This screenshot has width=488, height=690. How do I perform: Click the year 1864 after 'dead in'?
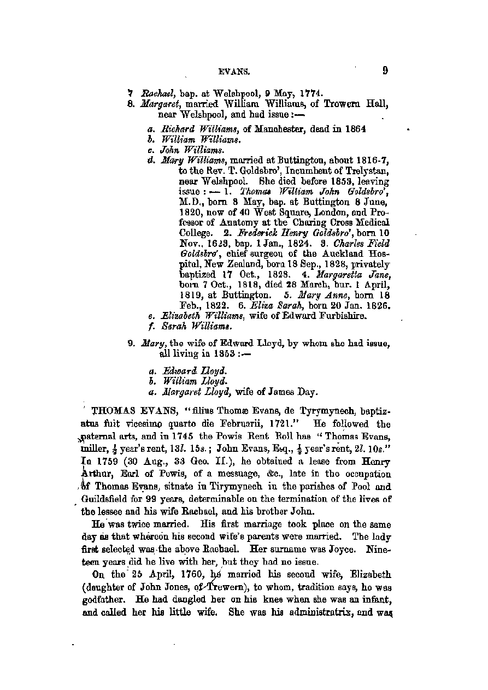pos(354,129)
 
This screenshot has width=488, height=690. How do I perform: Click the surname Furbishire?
pos(337,316)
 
